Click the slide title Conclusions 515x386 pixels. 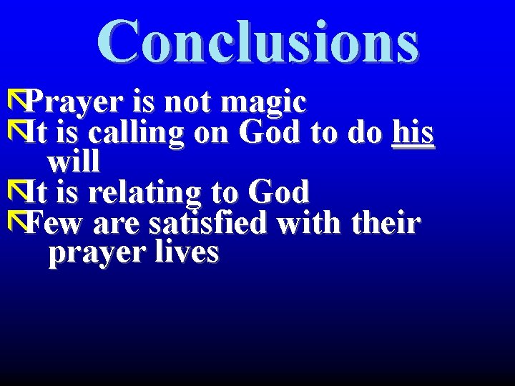[257, 41]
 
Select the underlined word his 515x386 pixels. [413, 133]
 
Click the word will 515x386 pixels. [73, 162]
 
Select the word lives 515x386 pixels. [184, 253]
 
